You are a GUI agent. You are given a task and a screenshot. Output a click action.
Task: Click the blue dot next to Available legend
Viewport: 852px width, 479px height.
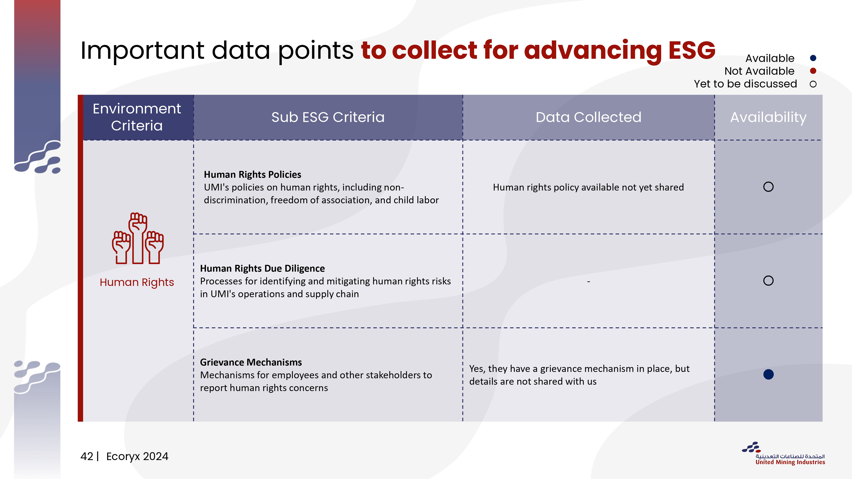(x=813, y=58)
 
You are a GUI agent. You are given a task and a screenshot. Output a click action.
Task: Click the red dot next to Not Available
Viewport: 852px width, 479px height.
(x=813, y=71)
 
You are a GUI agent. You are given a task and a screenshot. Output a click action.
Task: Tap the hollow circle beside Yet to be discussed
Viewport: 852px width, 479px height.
(x=813, y=84)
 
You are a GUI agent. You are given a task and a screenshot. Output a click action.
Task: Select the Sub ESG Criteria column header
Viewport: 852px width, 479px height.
(x=328, y=117)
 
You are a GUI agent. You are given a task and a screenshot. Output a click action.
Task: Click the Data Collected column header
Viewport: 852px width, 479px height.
(x=588, y=117)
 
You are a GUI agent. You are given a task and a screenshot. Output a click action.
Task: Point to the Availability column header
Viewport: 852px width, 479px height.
(x=768, y=117)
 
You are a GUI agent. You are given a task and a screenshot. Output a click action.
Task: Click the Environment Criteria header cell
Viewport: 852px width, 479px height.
(x=137, y=117)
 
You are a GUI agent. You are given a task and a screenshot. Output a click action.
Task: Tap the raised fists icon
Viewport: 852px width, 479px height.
(x=138, y=238)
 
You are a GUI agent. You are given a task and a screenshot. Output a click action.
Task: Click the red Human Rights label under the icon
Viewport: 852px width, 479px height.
(x=137, y=282)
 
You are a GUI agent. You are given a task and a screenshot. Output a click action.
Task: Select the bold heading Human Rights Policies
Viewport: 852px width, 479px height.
(x=252, y=174)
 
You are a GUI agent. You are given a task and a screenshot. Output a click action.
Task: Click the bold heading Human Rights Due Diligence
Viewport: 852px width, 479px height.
(x=262, y=268)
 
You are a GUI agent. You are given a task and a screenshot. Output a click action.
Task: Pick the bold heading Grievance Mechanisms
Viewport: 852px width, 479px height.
(x=251, y=362)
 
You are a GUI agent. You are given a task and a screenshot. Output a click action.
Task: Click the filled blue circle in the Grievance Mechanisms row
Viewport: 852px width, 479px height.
(x=768, y=375)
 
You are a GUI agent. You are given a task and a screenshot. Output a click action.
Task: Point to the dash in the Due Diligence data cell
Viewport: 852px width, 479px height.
(x=588, y=282)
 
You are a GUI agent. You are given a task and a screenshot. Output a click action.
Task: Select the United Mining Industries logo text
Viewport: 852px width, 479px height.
(x=790, y=462)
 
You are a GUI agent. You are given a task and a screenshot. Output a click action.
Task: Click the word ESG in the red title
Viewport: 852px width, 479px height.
(x=692, y=50)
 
